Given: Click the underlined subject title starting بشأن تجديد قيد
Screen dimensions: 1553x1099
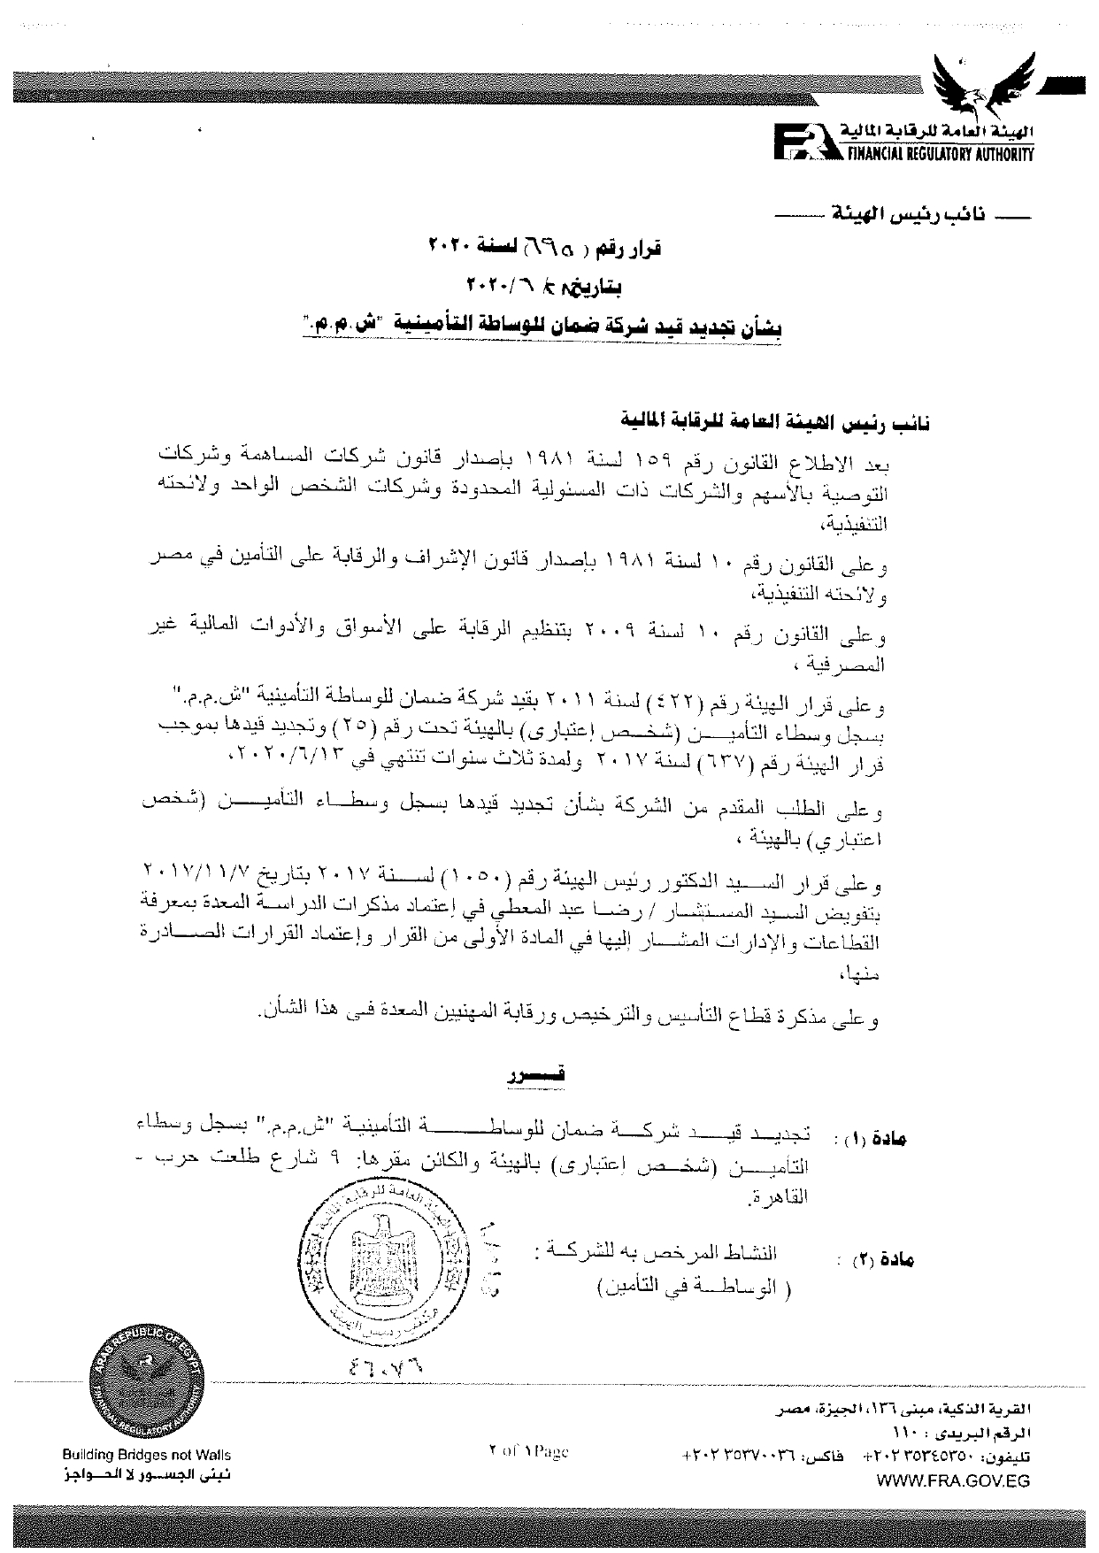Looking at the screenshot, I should (x=541, y=326).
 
